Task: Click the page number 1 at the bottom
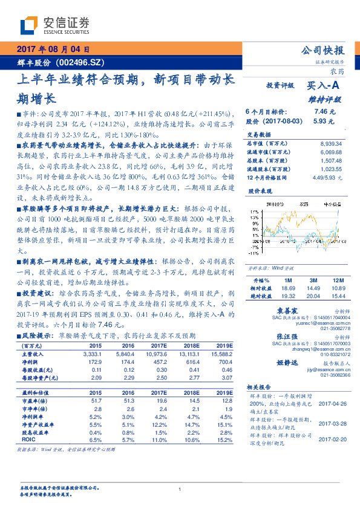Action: click(180, 489)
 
